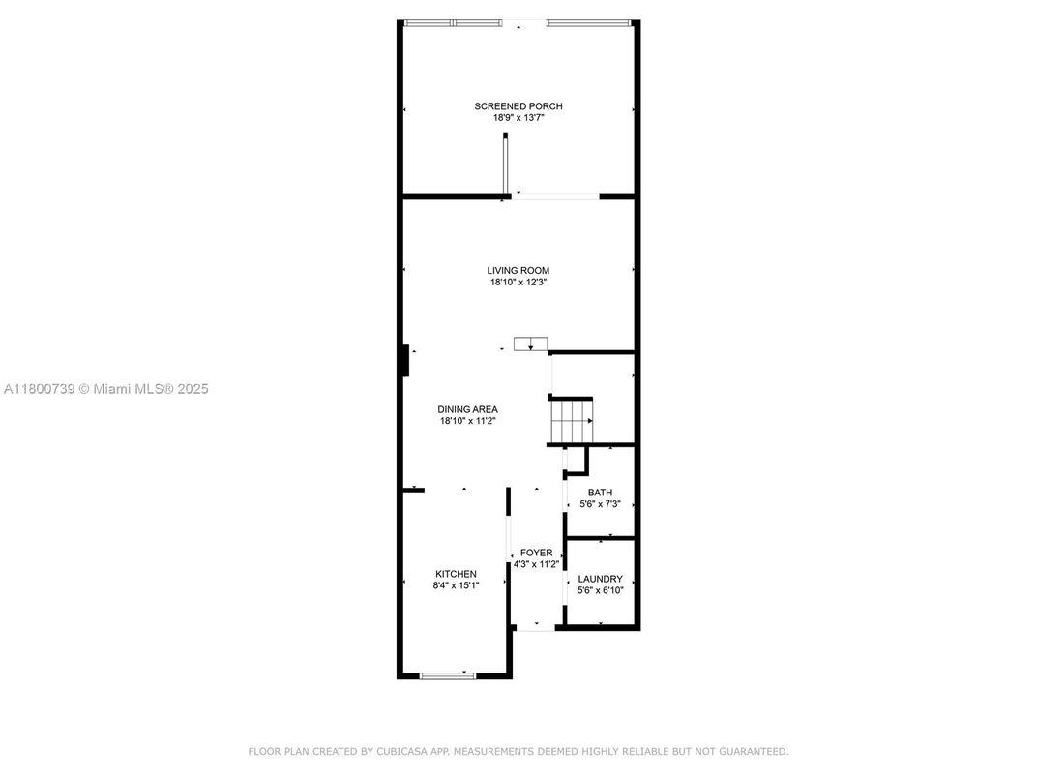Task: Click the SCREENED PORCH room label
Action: (x=518, y=106)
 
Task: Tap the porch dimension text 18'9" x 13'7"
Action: (x=518, y=118)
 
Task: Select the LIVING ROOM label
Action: (x=518, y=271)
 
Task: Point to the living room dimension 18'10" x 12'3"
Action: (x=518, y=283)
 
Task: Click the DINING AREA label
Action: (x=468, y=409)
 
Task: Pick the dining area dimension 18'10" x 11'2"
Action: (x=468, y=421)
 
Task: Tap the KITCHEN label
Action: (x=456, y=574)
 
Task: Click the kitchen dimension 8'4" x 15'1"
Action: (x=456, y=585)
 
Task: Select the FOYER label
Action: (x=536, y=553)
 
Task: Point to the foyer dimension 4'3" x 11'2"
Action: (x=536, y=564)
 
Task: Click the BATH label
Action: (x=600, y=493)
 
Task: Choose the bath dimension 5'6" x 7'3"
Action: (x=600, y=504)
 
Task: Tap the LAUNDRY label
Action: (x=600, y=579)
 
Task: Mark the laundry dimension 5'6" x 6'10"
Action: (x=600, y=590)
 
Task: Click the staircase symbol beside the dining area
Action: (x=570, y=421)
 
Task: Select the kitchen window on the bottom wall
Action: (x=448, y=675)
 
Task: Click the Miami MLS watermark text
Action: (x=106, y=389)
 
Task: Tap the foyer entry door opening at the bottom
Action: (x=535, y=629)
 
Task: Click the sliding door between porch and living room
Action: (x=555, y=196)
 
